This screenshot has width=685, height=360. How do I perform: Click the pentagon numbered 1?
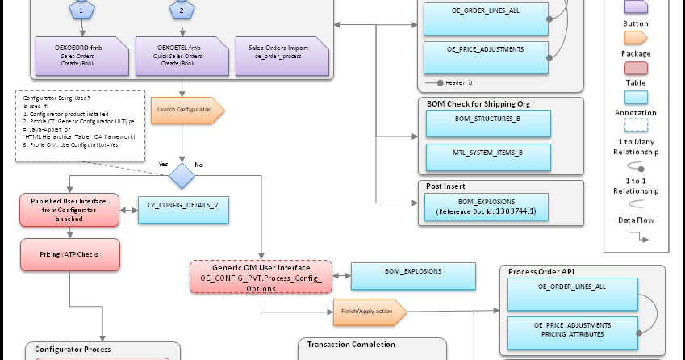pyautogui.click(x=81, y=10)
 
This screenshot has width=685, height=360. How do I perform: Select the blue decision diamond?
pyautogui.click(x=182, y=174)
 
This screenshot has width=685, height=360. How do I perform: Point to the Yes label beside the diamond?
pyautogui.click(x=163, y=164)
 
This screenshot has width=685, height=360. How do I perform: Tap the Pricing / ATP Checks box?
pyautogui.click(x=69, y=254)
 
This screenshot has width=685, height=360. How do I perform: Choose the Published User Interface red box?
pyautogui.click(x=69, y=208)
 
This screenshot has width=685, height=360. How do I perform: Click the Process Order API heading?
pyautogui.click(x=541, y=272)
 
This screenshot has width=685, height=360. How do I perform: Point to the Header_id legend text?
pyautogui.click(x=459, y=83)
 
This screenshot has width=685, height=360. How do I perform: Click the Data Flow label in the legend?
pyautogui.click(x=636, y=219)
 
